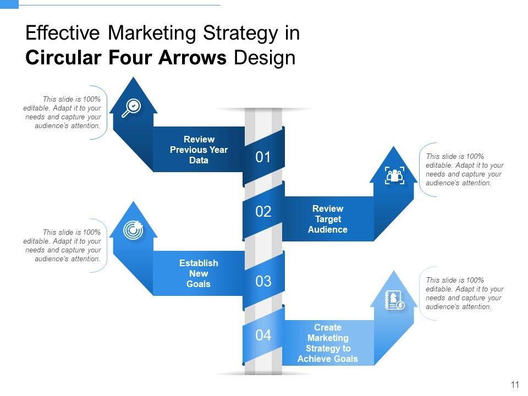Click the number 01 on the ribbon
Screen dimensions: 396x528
[263, 158]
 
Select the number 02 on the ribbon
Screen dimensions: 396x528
[263, 212]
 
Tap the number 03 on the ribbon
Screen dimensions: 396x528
[263, 282]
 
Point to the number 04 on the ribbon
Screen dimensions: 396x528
[263, 335]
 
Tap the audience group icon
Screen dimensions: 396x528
[394, 176]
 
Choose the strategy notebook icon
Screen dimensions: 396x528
[394, 300]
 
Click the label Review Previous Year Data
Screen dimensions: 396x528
[199, 150]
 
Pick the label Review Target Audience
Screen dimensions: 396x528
[328, 219]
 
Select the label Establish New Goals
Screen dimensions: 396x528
[199, 273]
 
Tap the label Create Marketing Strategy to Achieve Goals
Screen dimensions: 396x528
[328, 343]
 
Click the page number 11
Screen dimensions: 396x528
[515, 385]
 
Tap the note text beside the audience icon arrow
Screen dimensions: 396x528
[465, 169]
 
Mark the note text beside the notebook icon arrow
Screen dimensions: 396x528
[465, 293]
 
